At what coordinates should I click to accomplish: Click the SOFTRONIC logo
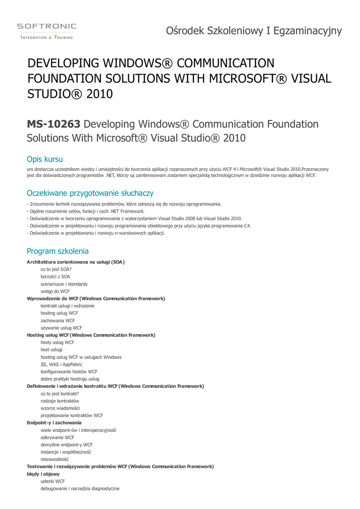pyautogui.click(x=47, y=30)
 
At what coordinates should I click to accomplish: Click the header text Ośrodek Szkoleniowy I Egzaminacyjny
pyautogui.click(x=254, y=31)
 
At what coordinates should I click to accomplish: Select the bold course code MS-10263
pyautogui.click(x=54, y=124)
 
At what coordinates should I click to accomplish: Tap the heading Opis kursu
pyautogui.click(x=45, y=159)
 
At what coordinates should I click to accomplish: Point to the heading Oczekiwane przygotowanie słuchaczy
pyautogui.click(x=90, y=193)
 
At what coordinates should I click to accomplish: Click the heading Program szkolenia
pyautogui.click(x=58, y=251)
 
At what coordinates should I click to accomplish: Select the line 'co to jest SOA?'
pyautogui.click(x=56, y=269)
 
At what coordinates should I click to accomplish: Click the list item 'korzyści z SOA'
pyautogui.click(x=55, y=276)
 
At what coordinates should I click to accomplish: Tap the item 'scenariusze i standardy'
pyautogui.click(x=64, y=284)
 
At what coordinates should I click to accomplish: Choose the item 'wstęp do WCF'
pyautogui.click(x=55, y=291)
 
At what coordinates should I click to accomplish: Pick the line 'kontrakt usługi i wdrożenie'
pyautogui.click(x=68, y=306)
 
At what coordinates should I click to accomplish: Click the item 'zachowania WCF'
pyautogui.click(x=58, y=321)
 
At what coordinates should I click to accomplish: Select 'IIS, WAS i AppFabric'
pyautogui.click(x=62, y=364)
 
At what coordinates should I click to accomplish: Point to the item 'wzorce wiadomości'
pyautogui.click(x=60, y=408)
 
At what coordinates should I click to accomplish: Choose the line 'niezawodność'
pyautogui.click(x=55, y=459)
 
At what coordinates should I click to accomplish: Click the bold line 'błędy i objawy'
pyautogui.click(x=43, y=474)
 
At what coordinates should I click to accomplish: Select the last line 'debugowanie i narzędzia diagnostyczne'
pyautogui.click(x=80, y=489)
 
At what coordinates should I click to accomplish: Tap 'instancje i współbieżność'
pyautogui.click(x=66, y=452)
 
